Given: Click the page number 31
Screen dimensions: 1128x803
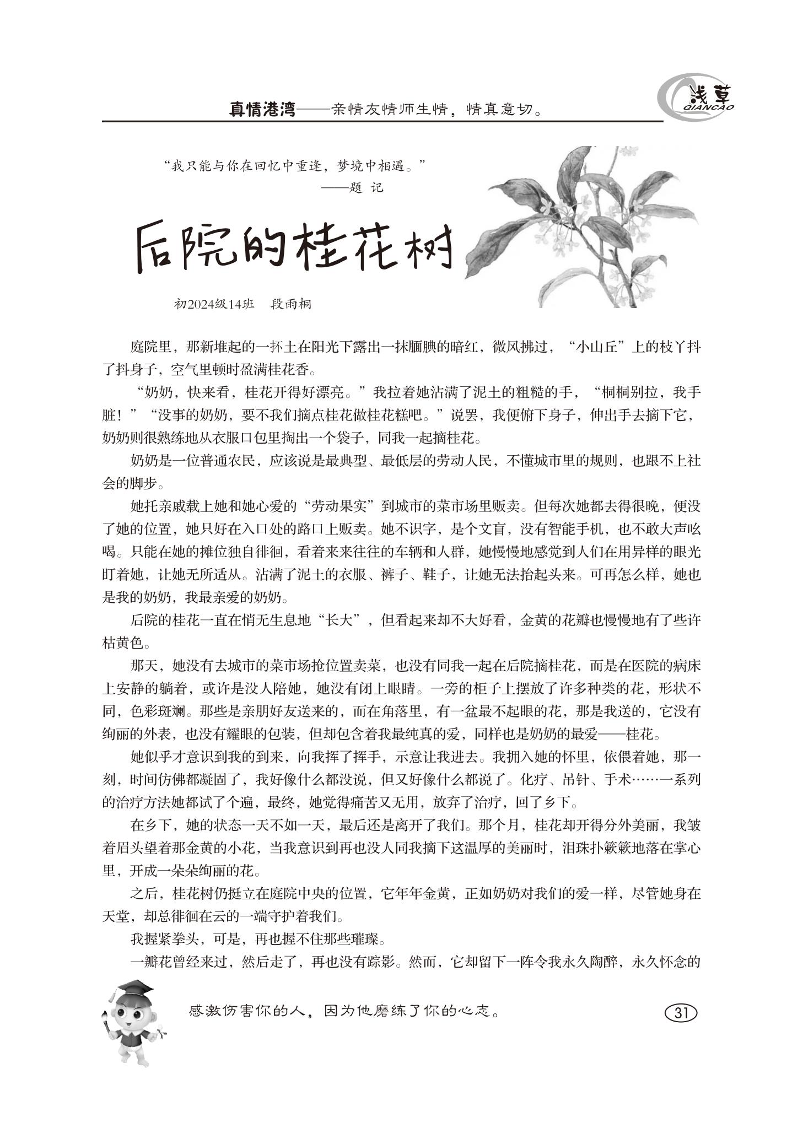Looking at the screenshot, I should point(681,1013).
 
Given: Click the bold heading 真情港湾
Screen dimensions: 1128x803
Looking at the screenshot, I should point(262,109).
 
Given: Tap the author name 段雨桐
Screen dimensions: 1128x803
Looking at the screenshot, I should point(291,304).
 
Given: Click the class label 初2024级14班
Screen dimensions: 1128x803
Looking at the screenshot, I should point(214,304).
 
